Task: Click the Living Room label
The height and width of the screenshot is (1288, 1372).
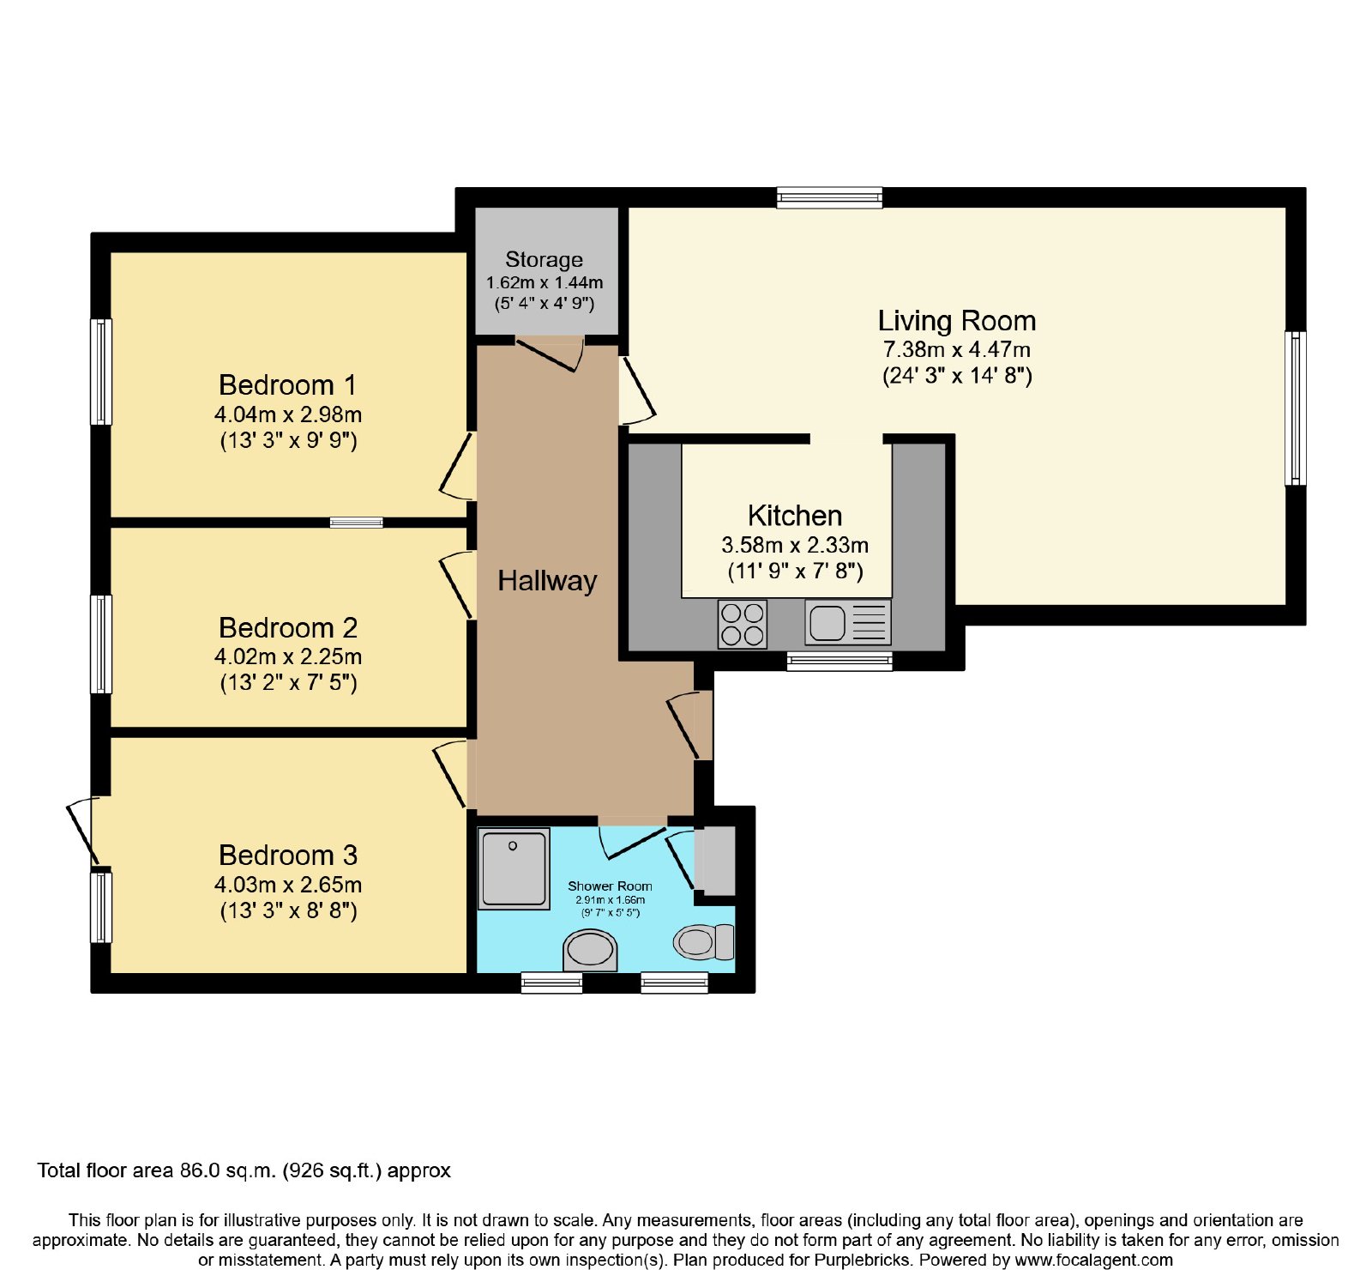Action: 957,321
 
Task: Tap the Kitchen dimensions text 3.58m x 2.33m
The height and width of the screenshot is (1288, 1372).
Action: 795,545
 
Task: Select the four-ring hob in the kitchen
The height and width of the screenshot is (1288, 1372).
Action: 742,624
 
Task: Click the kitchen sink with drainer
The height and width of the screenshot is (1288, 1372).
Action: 848,622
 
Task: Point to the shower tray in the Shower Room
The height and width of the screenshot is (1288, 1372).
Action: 514,868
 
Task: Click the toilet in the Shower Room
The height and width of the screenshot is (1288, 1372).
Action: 704,941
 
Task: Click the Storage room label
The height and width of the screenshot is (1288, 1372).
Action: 544,259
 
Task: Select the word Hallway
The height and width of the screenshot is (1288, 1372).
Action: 547,581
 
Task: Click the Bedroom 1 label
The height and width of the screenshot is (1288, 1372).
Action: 287,384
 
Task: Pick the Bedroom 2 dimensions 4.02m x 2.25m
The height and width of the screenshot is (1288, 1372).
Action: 288,657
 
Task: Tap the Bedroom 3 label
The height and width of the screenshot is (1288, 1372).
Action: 288,856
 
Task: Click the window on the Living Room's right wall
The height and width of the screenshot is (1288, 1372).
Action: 1296,408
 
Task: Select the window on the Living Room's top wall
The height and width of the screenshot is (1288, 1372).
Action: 829,198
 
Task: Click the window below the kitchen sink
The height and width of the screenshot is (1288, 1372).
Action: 839,661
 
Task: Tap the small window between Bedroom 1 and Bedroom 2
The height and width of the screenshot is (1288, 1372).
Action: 357,522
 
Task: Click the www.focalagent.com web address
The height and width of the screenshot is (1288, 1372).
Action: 1093,1261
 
